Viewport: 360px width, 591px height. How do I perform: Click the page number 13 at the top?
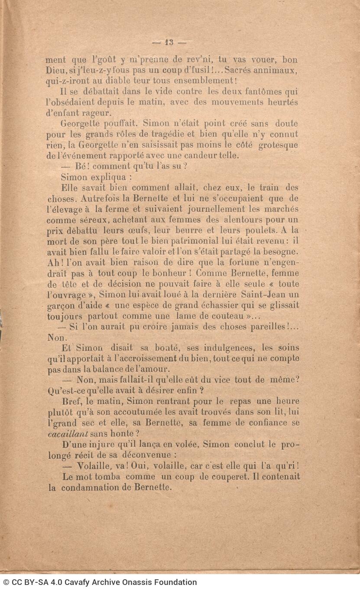tap(169, 42)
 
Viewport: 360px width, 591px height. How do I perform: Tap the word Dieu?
tap(55, 70)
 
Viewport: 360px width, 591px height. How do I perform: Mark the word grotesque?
tap(278, 145)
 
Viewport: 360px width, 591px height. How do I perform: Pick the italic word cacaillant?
tap(68, 434)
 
